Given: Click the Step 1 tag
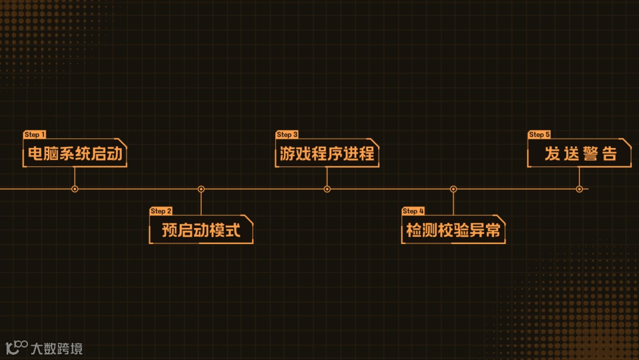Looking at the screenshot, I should click(x=35, y=135).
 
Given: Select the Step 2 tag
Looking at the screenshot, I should click(x=161, y=211).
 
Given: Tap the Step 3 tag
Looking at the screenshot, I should click(x=287, y=135).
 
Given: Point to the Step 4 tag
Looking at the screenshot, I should click(x=413, y=211).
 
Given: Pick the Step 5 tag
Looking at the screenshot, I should click(x=539, y=135).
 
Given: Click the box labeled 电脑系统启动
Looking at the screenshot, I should click(x=75, y=154).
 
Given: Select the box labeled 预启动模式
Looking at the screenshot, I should click(x=201, y=230).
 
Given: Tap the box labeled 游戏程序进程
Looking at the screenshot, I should click(x=327, y=154).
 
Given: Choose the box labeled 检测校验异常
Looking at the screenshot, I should click(x=453, y=230).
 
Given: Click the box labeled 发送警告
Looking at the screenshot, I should click(x=580, y=154).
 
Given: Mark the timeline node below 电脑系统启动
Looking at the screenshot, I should click(x=75, y=189).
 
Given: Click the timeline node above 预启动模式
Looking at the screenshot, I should click(x=201, y=189).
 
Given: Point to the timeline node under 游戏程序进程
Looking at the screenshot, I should click(x=327, y=189).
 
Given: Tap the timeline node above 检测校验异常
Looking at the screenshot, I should click(x=453, y=189).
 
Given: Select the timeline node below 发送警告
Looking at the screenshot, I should click(x=579, y=189).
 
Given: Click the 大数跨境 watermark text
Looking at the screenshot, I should click(x=56, y=349).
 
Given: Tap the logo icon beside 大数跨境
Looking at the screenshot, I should click(x=17, y=348).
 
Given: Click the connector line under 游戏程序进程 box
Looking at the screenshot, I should click(x=327, y=176).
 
